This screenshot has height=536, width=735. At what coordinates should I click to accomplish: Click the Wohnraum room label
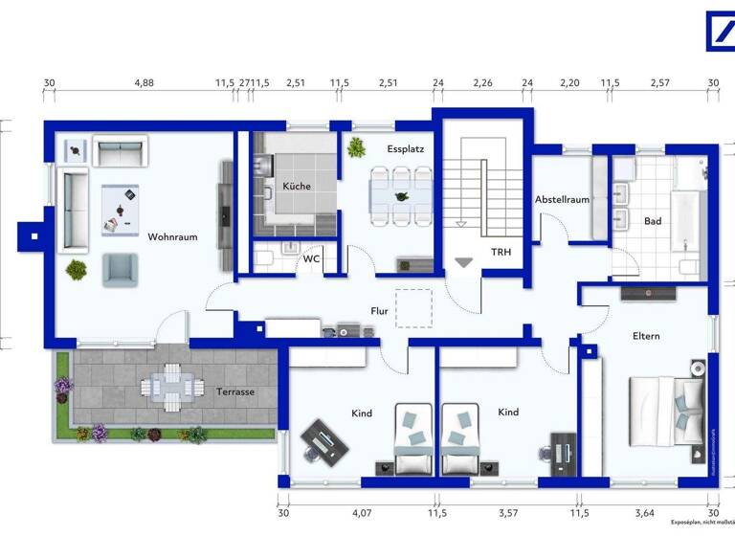tap(172, 236)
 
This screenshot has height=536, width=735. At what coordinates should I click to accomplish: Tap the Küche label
tap(296, 186)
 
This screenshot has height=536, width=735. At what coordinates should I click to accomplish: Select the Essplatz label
tap(405, 150)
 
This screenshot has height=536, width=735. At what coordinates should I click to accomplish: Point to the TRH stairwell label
tap(501, 253)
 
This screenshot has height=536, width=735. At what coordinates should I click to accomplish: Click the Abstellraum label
tap(562, 199)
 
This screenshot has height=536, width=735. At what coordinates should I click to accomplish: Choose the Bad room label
tap(653, 221)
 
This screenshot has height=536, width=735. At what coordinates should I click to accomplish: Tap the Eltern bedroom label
tap(646, 336)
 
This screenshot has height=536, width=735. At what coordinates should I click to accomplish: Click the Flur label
tap(381, 310)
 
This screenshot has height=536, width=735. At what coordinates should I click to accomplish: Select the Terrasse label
tap(234, 391)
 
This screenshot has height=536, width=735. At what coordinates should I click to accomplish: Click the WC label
tap(311, 258)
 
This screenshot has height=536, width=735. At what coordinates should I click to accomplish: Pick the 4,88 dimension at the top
tap(144, 83)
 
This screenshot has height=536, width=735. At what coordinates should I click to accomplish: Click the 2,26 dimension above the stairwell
tap(482, 83)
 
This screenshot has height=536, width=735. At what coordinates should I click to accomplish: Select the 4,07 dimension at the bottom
tap(362, 512)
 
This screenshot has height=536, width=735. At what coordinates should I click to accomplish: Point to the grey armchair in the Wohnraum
tap(121, 269)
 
